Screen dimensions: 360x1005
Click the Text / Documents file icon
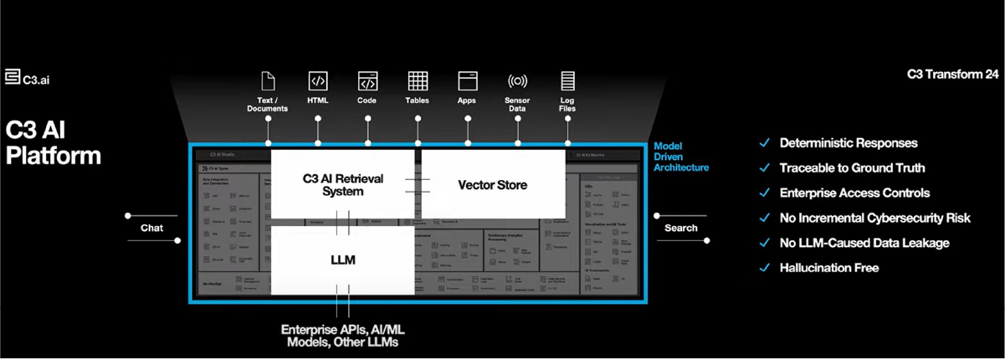(268, 81)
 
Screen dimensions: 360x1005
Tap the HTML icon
(318, 81)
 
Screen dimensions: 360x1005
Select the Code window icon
(367, 81)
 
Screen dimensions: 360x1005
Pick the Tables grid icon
(418, 81)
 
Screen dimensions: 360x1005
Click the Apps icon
(467, 81)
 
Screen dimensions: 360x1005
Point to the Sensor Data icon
(517, 81)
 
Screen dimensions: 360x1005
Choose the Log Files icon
(567, 81)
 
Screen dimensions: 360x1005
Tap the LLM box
(343, 260)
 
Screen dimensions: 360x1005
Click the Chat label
(151, 228)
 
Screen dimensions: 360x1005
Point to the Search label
(680, 228)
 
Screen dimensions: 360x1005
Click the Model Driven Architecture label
(681, 157)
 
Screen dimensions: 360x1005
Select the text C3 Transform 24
(952, 75)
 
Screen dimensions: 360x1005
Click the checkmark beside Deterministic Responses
(763, 143)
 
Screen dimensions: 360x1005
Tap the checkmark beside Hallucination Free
(763, 268)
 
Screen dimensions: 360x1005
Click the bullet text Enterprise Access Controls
(854, 193)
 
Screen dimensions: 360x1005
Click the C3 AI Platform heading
(54, 143)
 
